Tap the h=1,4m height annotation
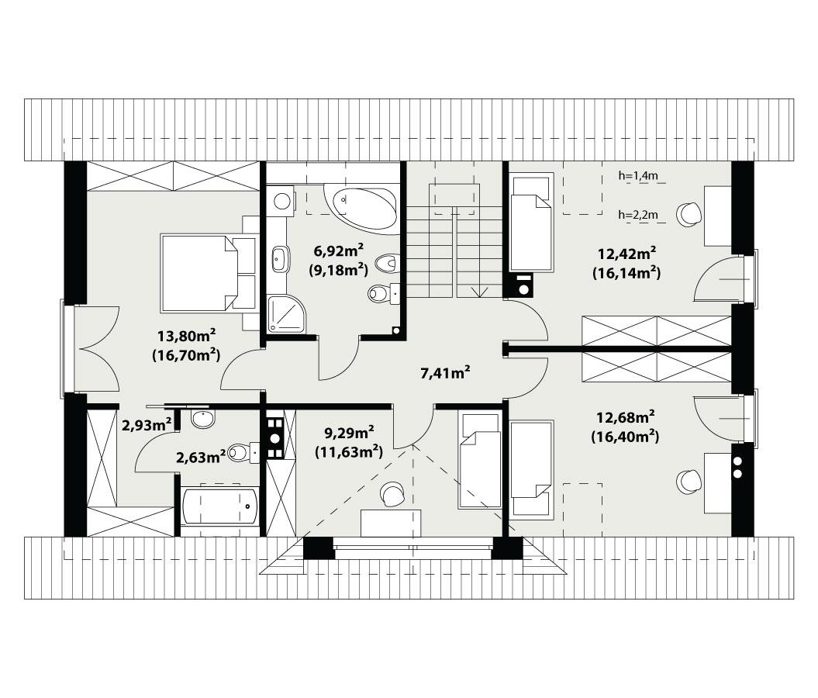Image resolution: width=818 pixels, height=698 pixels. point(638,176)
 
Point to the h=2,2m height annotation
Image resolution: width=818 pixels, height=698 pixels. point(638,215)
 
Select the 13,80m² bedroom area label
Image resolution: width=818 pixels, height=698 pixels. point(186,337)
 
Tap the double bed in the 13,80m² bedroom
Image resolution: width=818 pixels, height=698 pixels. point(209,273)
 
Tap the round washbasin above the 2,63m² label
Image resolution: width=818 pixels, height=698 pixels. point(203,420)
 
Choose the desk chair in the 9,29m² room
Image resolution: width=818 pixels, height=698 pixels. point(393,493)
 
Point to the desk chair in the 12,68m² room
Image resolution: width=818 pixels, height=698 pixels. point(689,482)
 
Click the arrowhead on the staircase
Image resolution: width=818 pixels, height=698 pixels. point(483,292)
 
